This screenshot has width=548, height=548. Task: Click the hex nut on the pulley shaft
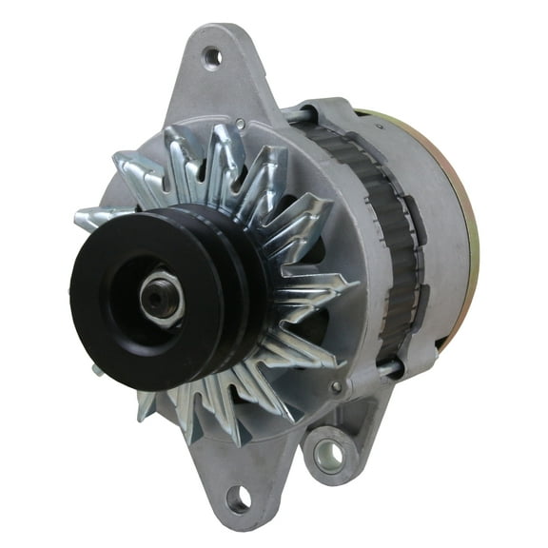tap(161, 297)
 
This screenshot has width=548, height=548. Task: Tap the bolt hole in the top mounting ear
tap(213, 57)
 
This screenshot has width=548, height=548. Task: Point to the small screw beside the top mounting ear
tap(242, 123)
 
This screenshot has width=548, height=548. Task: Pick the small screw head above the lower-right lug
tap(335, 386)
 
